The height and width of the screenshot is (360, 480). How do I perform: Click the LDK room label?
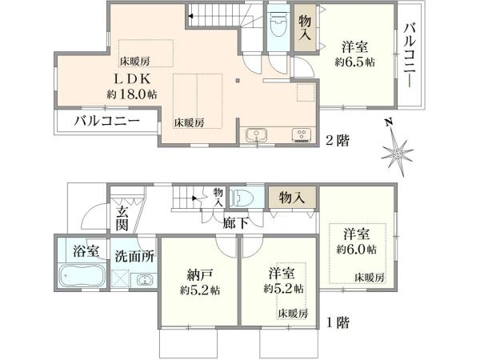[x=133, y=79]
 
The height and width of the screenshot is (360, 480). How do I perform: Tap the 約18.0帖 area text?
[x=132, y=94]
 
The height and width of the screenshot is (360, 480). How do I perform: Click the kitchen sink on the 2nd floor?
[x=256, y=135]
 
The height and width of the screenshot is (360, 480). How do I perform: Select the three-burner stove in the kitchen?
[x=302, y=135]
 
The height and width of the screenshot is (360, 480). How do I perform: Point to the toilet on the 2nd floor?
[x=278, y=24]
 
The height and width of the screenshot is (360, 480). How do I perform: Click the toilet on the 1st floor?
[x=242, y=198]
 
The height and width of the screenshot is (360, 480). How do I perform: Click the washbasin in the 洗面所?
[x=144, y=279]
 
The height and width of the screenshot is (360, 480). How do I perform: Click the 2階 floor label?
[x=338, y=141]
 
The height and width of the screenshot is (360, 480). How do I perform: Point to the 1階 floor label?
[x=338, y=322]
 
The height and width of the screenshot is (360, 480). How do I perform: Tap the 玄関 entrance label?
[x=122, y=218]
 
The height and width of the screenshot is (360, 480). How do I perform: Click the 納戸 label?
[x=199, y=275]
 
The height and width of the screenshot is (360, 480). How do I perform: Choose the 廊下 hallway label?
[x=235, y=223]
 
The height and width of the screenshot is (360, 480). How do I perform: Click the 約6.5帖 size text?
[x=354, y=62]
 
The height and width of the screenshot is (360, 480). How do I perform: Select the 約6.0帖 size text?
[x=356, y=250]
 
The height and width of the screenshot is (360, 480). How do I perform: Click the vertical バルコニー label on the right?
[x=410, y=55]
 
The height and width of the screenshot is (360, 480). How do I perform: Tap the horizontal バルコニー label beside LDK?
[x=107, y=122]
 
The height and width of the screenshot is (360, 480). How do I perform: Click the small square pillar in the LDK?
[x=238, y=81]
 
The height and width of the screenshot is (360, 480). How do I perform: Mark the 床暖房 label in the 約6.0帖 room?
[x=369, y=278]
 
